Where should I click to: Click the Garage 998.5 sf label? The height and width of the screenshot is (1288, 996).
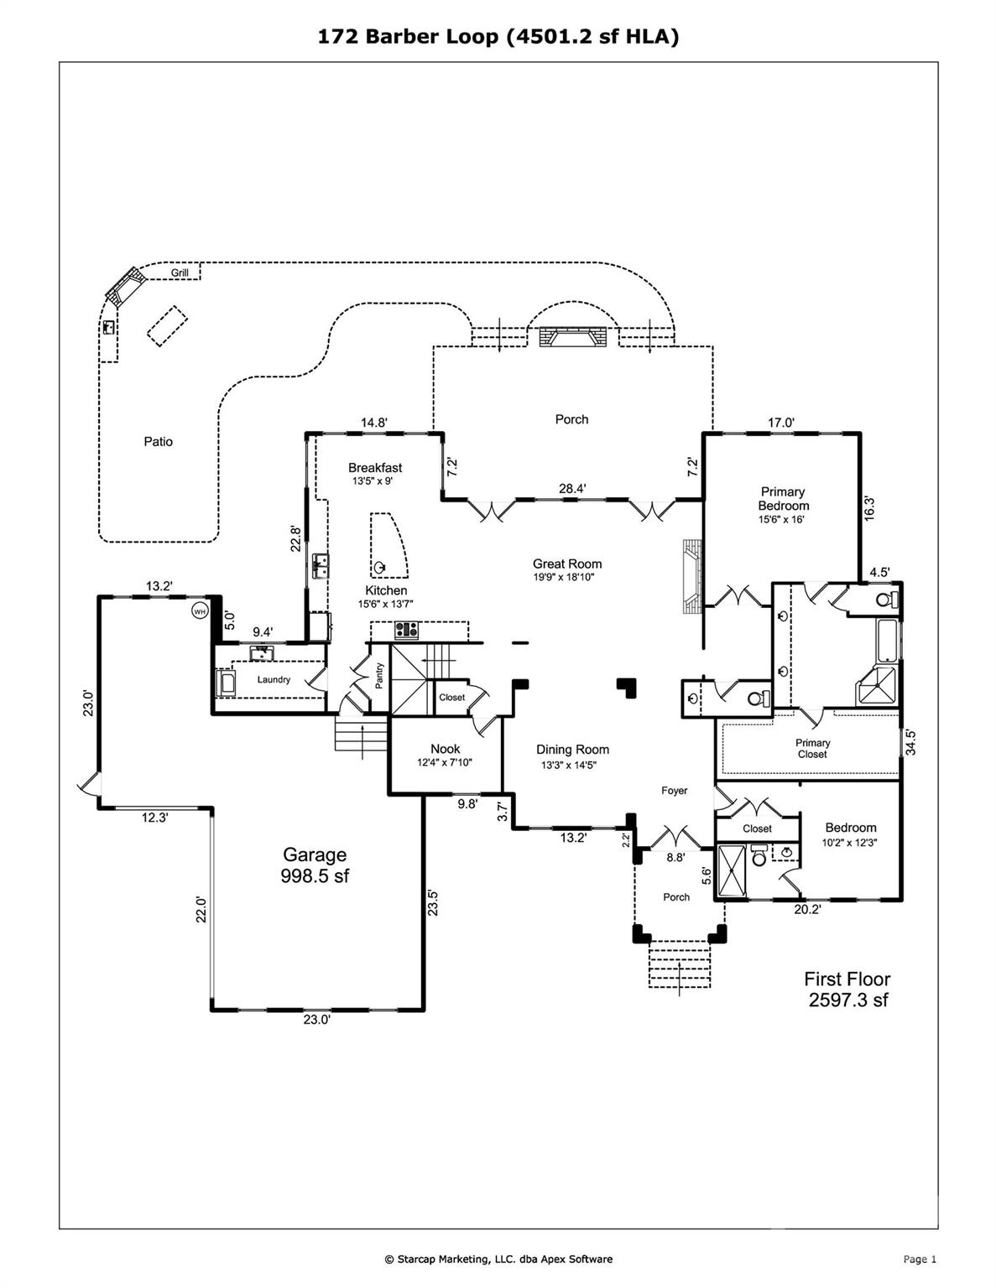click(315, 865)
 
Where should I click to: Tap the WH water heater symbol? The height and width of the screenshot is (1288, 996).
click(200, 611)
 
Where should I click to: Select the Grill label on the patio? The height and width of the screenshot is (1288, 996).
click(180, 273)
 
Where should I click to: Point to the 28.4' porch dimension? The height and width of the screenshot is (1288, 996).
click(572, 488)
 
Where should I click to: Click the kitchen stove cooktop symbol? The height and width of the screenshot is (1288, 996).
click(407, 630)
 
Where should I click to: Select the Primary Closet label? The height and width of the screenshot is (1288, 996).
click(812, 748)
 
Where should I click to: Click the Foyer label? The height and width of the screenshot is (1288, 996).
click(674, 791)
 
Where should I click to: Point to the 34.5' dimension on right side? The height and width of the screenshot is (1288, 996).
click(910, 742)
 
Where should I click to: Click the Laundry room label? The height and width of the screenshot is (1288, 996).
click(274, 679)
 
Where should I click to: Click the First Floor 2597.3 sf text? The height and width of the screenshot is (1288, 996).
click(847, 989)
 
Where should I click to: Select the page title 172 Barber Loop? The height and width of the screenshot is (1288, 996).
click(498, 36)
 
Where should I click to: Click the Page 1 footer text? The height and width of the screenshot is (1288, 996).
click(920, 1259)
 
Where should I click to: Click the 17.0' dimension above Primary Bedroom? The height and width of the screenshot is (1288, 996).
click(780, 423)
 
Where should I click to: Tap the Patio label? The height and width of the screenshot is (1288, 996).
click(158, 442)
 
